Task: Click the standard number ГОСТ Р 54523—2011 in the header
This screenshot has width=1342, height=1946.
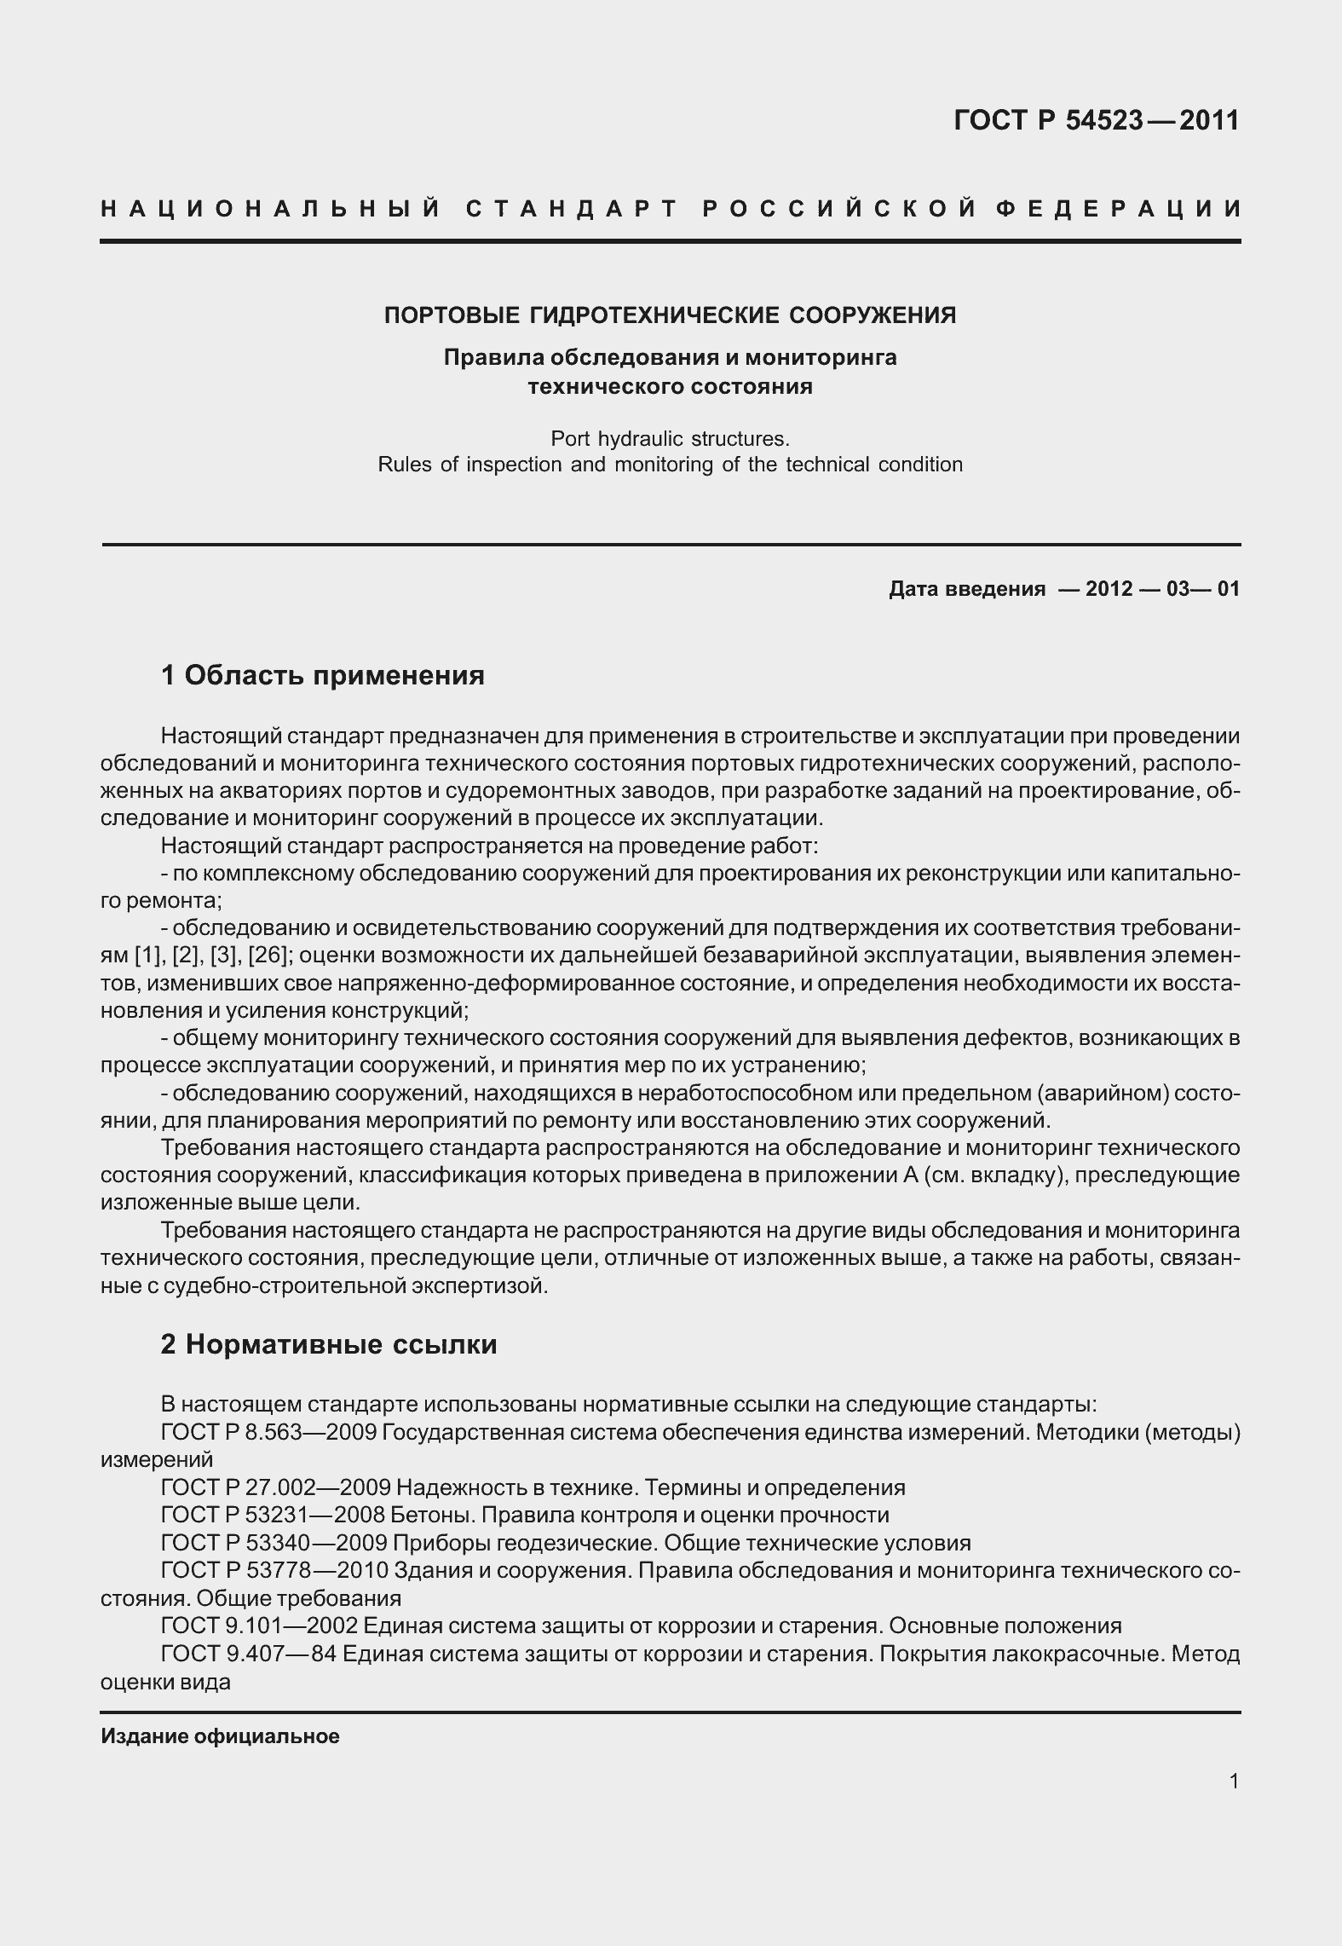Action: click(x=1097, y=120)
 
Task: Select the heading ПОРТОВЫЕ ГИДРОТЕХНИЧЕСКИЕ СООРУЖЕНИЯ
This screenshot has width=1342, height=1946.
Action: click(x=670, y=315)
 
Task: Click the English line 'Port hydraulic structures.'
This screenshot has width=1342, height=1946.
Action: click(x=670, y=439)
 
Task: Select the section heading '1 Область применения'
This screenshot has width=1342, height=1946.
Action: click(x=322, y=676)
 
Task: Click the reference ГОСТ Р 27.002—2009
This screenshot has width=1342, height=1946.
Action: click(x=275, y=1487)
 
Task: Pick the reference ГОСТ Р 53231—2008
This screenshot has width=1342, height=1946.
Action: click(x=274, y=1515)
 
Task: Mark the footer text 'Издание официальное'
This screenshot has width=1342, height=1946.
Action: click(x=220, y=1737)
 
